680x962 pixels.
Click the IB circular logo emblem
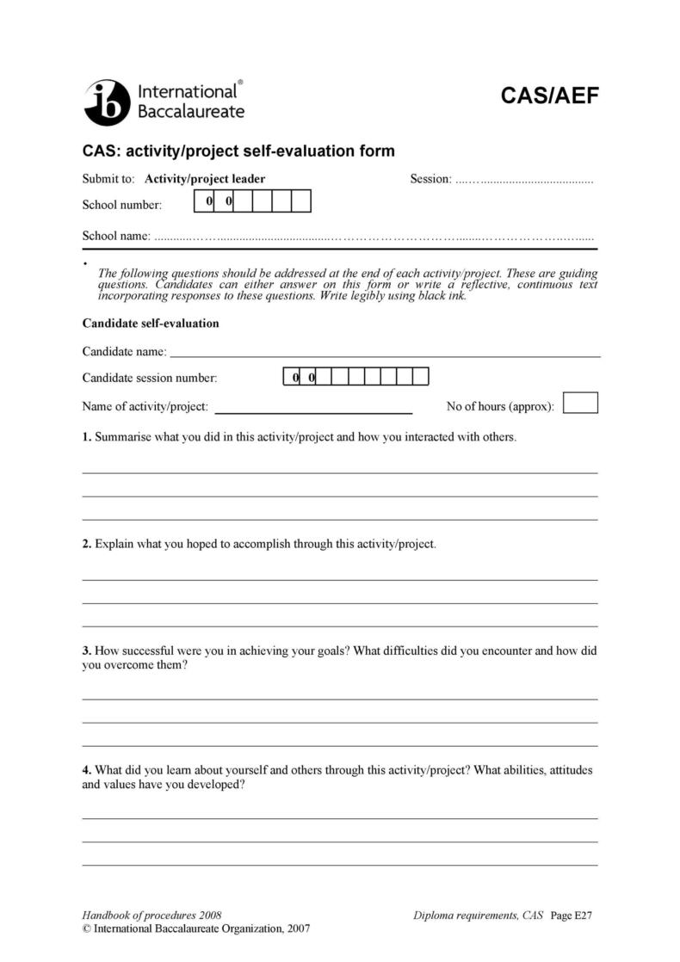point(106,102)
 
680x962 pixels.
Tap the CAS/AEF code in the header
point(549,96)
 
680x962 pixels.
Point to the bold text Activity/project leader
point(205,179)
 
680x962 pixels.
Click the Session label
point(430,179)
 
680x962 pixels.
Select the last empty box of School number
point(300,201)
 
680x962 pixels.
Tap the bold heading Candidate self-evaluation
point(151,324)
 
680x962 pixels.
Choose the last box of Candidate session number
point(420,377)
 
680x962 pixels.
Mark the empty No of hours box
point(580,404)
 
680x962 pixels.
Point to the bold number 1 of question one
point(86,437)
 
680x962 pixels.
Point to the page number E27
point(583,916)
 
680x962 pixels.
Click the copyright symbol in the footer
point(86,929)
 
